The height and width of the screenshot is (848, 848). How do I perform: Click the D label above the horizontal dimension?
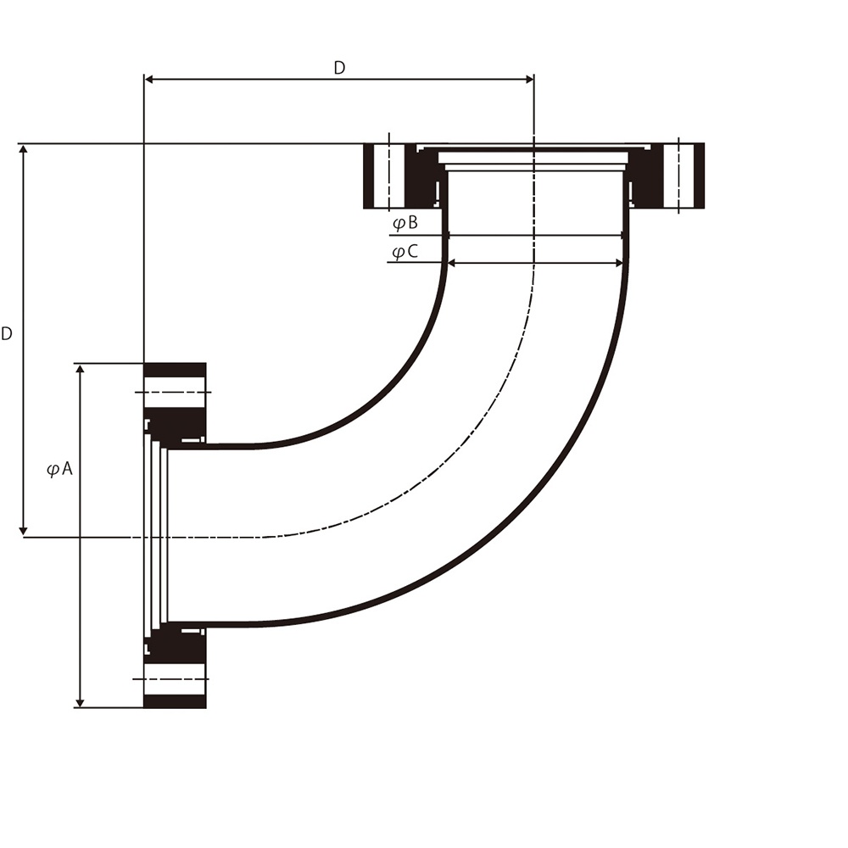339,68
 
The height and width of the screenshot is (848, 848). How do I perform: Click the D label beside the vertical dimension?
7,333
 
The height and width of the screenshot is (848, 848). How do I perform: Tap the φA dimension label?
59,468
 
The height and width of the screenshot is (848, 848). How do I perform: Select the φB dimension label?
405,223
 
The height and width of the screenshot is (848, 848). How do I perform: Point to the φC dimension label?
405,252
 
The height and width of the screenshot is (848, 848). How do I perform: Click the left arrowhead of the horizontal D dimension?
150,80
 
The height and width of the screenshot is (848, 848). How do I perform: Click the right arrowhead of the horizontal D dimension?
528,80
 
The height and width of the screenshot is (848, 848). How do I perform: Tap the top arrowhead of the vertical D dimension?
23,150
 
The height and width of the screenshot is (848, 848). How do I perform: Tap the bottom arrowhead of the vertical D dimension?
23,531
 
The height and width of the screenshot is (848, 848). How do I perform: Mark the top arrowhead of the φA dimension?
80,370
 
